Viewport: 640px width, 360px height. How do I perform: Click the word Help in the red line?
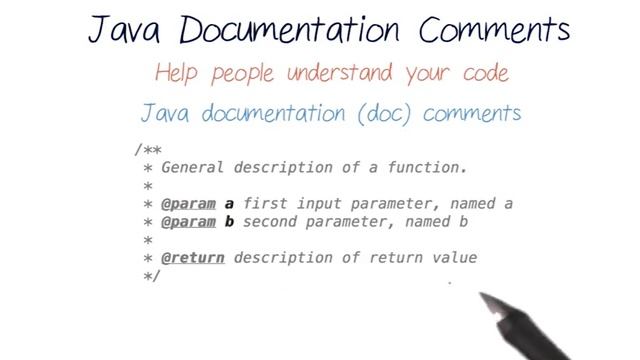(180, 73)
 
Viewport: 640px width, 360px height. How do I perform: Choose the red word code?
(480, 75)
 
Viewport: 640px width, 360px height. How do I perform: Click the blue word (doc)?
(379, 113)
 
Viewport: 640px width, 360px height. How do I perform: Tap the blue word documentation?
(261, 112)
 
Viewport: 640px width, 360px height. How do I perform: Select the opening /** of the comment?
(147, 150)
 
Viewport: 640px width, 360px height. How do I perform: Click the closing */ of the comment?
(152, 276)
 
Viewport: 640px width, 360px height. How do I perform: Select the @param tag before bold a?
(189, 204)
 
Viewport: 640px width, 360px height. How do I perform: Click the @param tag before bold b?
(189, 222)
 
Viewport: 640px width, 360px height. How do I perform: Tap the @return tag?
(193, 258)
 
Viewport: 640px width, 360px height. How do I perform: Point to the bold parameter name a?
(228, 204)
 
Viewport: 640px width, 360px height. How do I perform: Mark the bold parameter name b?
(228, 222)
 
